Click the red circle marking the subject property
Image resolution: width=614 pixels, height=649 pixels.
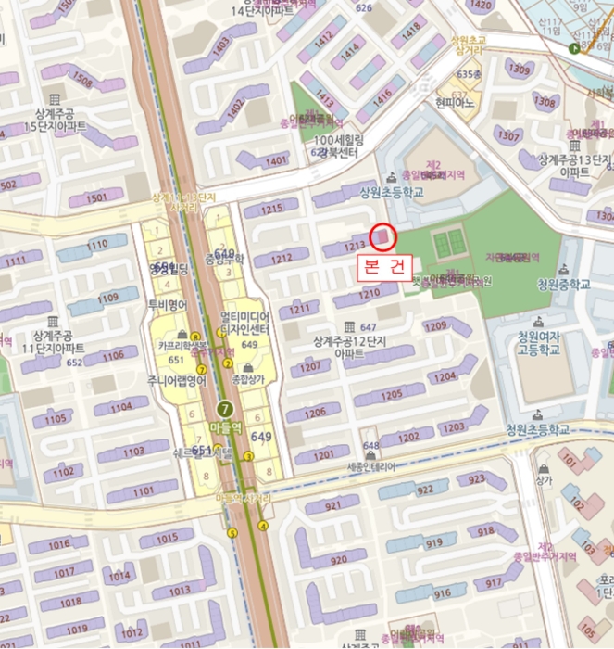click(x=382, y=238)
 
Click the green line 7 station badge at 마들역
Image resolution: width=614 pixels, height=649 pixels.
click(x=224, y=408)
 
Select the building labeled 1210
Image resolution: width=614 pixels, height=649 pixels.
click(x=370, y=293)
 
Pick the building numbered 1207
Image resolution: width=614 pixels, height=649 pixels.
click(x=309, y=366)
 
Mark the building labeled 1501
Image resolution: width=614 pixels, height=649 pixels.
click(x=96, y=197)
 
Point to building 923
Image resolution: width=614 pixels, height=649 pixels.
click(x=474, y=480)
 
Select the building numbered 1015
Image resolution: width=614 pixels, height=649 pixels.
click(x=166, y=538)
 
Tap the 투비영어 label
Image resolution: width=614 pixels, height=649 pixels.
click(x=169, y=303)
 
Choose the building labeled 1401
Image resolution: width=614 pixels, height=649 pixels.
click(x=276, y=161)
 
